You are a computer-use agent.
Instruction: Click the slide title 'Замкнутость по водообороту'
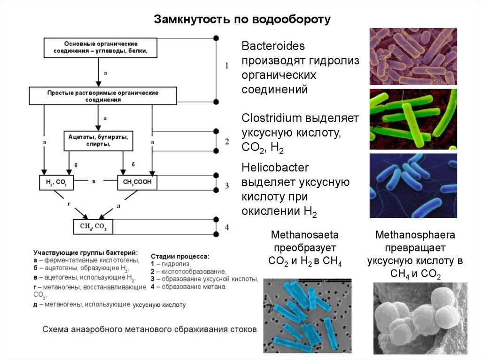(242, 20)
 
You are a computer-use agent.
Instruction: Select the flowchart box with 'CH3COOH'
(137, 182)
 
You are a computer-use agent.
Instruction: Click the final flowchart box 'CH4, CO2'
(93, 227)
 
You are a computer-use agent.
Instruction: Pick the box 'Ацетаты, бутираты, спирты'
(98, 140)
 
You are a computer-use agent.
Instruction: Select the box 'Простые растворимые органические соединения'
(102, 96)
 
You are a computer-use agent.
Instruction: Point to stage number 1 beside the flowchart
(227, 66)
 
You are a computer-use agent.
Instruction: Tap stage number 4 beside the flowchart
(227, 227)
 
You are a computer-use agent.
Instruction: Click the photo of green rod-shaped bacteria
(413, 119)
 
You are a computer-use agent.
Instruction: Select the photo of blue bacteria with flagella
(413, 185)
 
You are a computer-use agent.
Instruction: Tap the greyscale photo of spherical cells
(420, 318)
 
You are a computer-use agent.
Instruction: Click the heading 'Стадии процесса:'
(180, 257)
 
